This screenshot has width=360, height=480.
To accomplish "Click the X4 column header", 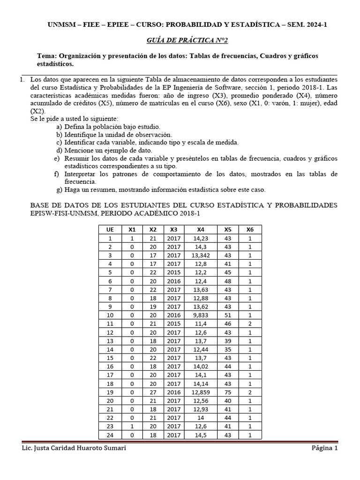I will coord(201,229).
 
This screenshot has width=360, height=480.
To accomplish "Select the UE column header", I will coord(110,229).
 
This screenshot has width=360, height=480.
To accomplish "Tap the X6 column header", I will coord(250,229).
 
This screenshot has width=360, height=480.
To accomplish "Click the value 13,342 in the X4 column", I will coord(201,255).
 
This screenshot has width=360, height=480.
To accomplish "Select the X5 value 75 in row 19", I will coord(228,392).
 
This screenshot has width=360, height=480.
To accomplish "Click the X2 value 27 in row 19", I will coord(153,392).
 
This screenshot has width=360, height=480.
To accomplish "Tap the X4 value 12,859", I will coord(201,392).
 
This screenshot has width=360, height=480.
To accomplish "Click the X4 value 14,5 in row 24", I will coord(201,435).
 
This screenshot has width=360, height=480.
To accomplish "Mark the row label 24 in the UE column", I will coord(110,435).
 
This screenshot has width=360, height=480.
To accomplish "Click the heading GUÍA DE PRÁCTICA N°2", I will coord(180,41).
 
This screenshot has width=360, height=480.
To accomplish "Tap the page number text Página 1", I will coord(324,449).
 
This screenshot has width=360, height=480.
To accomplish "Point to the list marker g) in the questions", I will coord(58,190).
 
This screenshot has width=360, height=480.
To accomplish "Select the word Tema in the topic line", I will coord(47,56).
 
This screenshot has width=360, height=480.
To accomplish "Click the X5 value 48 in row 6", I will coord(228,281).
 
